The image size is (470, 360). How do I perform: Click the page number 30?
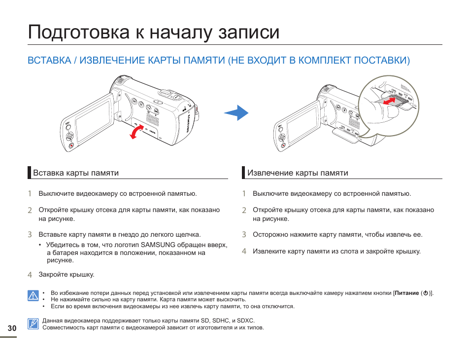click(12, 328)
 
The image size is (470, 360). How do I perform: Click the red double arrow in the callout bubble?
click(389, 101)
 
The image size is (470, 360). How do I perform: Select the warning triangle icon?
click(33, 296)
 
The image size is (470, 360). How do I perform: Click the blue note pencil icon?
click(33, 324)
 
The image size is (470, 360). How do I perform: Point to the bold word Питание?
click(406, 293)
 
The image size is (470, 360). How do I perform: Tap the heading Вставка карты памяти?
click(76, 173)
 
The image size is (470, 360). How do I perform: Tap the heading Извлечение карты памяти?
click(298, 173)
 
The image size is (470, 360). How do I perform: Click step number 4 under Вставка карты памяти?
click(30, 275)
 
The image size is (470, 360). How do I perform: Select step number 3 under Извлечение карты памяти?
click(244, 235)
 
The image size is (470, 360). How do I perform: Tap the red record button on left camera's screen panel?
click(71, 145)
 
